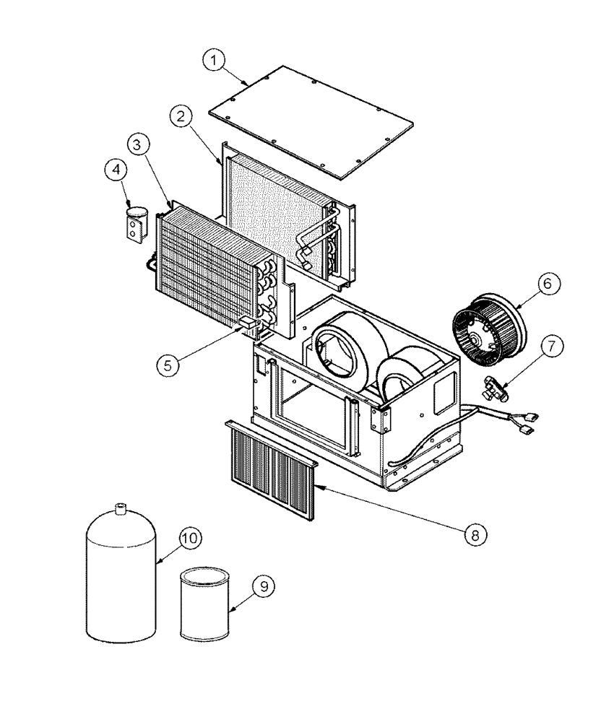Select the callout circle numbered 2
coord(181,116)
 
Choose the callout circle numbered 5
coord(167,365)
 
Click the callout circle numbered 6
coord(547,284)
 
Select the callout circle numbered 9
coord(264,587)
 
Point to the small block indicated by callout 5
coord(248,324)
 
